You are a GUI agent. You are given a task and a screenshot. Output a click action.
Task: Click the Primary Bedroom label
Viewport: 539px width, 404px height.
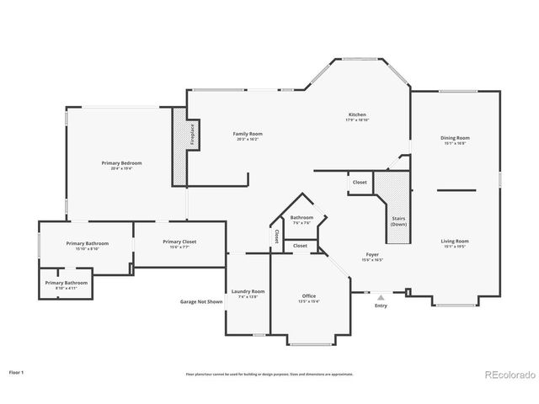(x=121, y=165)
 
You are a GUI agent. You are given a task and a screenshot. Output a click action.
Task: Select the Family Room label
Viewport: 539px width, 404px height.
(x=247, y=136)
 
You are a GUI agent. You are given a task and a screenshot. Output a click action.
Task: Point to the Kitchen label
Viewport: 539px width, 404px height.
(x=358, y=117)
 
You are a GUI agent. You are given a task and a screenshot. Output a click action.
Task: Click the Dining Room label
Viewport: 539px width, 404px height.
(x=455, y=140)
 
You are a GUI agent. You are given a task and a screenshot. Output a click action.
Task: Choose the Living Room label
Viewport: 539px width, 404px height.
(x=455, y=243)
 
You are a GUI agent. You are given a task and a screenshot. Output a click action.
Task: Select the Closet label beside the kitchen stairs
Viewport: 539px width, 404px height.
(x=360, y=182)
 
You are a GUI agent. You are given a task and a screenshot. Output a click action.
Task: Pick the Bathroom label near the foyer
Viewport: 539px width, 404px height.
(x=302, y=219)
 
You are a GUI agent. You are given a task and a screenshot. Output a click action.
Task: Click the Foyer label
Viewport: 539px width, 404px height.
(x=372, y=256)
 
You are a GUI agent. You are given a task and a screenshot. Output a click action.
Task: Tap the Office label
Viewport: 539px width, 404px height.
(x=309, y=298)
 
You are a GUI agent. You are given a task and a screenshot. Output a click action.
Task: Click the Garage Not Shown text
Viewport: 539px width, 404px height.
(x=202, y=301)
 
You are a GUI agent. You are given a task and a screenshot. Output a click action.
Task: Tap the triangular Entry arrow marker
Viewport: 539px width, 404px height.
(x=381, y=297)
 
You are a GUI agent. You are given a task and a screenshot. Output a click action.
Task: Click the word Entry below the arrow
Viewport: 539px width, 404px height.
(x=381, y=306)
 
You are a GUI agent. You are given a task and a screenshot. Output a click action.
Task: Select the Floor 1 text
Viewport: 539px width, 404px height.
(x=17, y=371)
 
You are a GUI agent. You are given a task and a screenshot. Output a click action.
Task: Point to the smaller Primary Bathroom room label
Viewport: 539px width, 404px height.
(x=67, y=284)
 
